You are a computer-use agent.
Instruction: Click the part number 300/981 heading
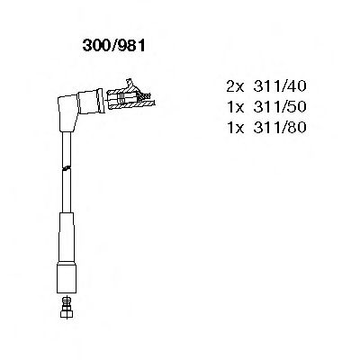pos(114,46)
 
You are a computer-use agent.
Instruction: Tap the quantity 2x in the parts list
pos(236,86)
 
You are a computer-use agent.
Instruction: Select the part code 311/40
pos(280,86)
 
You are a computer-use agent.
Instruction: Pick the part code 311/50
pos(280,107)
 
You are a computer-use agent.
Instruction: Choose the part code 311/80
pos(280,128)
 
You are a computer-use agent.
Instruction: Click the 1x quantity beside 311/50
pos(236,107)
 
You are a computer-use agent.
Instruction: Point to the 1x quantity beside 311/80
pos(236,128)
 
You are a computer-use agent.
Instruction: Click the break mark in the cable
pos(67,168)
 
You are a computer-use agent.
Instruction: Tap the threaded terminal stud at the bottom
pos(67,303)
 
